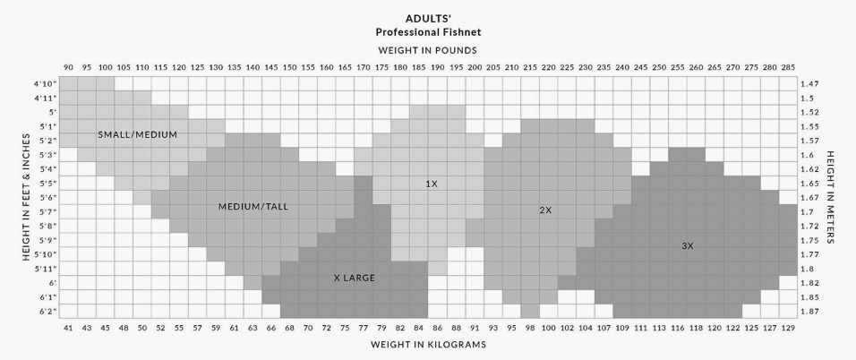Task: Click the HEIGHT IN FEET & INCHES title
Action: (x=27, y=198)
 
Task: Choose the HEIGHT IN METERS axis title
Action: (x=830, y=198)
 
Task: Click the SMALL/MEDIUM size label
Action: (x=137, y=134)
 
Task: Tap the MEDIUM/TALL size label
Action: (x=253, y=207)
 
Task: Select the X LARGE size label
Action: (x=354, y=279)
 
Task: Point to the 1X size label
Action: (x=432, y=184)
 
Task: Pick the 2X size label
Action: (x=545, y=210)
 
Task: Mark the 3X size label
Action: (x=687, y=245)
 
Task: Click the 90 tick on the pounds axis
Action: (x=67, y=67)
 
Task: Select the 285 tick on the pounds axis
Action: (x=787, y=67)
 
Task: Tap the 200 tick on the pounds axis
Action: (x=474, y=67)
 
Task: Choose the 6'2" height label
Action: (x=47, y=311)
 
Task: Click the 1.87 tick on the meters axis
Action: (x=810, y=311)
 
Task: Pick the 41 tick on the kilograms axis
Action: (x=67, y=328)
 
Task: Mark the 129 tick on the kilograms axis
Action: (x=787, y=328)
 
